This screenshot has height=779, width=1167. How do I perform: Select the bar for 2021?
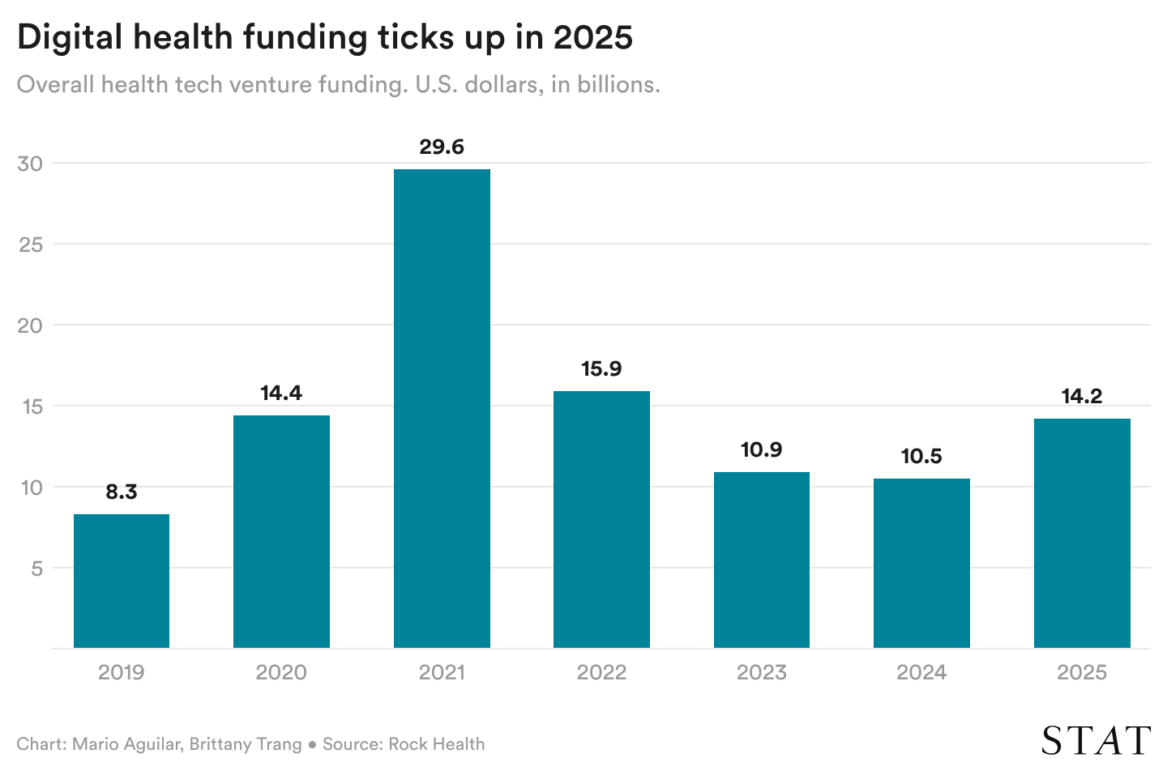click(x=442, y=409)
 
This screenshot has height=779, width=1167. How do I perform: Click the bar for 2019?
click(x=122, y=581)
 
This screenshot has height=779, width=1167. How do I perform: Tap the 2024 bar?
click(x=921, y=563)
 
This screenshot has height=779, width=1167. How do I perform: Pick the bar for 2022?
click(x=601, y=519)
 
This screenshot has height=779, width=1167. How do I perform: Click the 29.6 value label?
click(x=442, y=147)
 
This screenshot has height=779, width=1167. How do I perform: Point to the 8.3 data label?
click(x=122, y=492)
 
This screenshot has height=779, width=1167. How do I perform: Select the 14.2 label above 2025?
click(x=1082, y=396)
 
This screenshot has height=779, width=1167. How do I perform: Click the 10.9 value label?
click(x=761, y=449)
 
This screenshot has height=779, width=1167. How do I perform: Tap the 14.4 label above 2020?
click(x=281, y=393)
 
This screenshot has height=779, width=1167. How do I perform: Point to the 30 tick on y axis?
click(x=30, y=164)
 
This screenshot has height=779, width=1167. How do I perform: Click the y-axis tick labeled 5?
click(x=36, y=568)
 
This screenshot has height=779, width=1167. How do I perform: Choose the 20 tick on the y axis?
click(x=30, y=326)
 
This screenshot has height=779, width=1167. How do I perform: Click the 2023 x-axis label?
click(x=761, y=672)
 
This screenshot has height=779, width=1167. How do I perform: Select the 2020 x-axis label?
click(x=281, y=672)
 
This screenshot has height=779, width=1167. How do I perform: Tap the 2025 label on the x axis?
click(x=1082, y=672)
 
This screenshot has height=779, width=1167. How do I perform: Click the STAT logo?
click(x=1096, y=740)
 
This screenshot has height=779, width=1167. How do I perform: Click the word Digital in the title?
click(x=69, y=38)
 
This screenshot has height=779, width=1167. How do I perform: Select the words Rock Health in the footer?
click(x=436, y=744)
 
